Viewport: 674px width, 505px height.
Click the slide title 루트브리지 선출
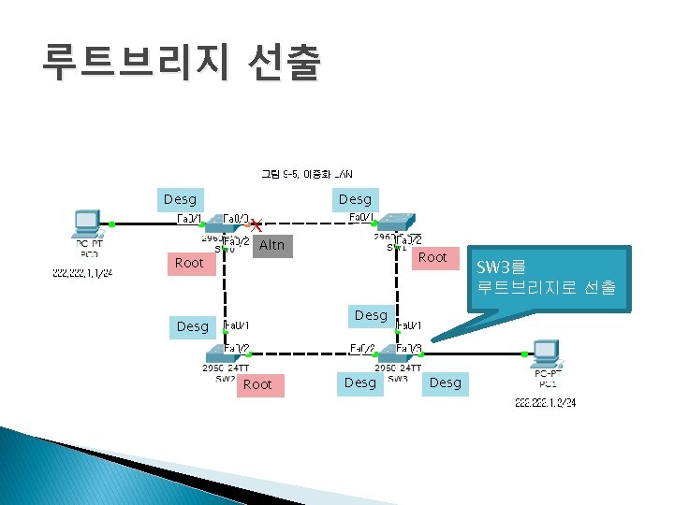[x=181, y=64]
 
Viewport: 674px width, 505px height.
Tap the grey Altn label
[x=271, y=245]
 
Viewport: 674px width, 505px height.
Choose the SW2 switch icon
[x=226, y=354]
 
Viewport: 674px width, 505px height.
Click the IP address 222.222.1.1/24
[x=82, y=274]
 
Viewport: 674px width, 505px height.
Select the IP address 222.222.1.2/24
[x=545, y=403]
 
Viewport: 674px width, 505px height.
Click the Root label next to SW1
[x=432, y=257]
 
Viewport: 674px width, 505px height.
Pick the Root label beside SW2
[x=257, y=384]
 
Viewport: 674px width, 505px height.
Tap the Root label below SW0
[x=189, y=263]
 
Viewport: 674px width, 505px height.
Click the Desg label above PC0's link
[x=180, y=199]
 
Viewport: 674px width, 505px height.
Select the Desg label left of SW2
[x=193, y=326]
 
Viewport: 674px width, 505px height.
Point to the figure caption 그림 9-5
[x=306, y=174]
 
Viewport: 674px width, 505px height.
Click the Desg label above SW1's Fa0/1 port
[x=355, y=199]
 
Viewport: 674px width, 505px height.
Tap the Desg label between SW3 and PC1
[x=446, y=382]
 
